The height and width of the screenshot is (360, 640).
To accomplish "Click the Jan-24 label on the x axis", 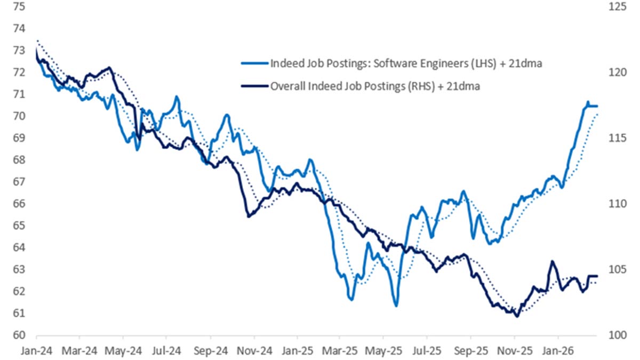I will point(36,352).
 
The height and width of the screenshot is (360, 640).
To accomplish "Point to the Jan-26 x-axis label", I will point(558,352).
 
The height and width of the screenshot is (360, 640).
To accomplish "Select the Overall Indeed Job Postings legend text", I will point(375,85).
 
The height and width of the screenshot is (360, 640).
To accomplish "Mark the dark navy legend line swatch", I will point(255,85).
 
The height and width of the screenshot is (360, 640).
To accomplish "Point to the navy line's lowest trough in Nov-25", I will point(516,316).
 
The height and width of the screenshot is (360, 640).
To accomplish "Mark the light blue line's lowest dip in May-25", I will point(396,306).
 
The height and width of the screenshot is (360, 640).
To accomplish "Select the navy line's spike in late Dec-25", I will point(551,261).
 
